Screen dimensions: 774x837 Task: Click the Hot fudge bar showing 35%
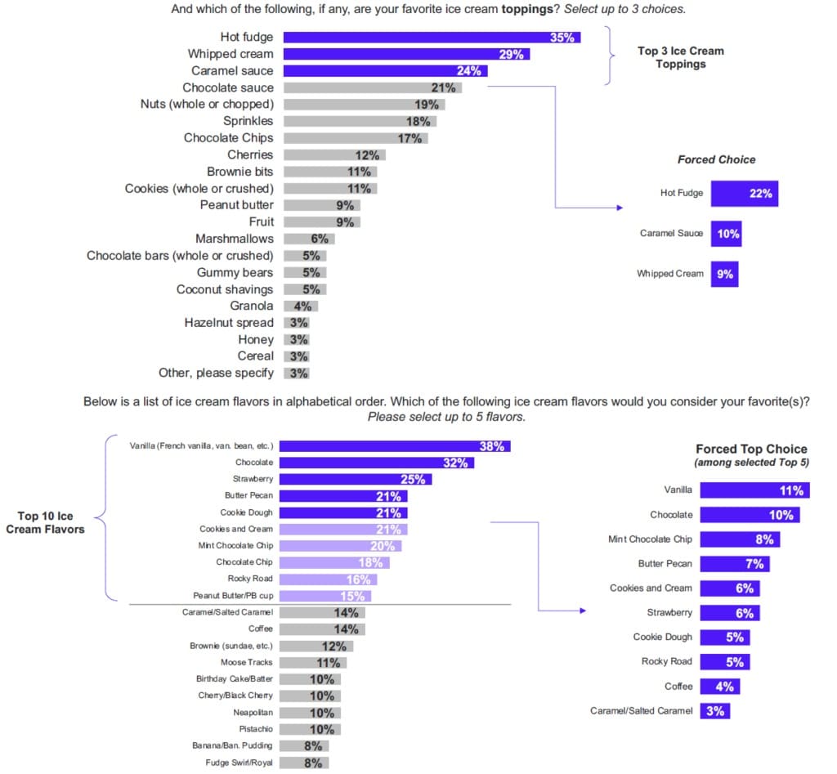[x=432, y=37]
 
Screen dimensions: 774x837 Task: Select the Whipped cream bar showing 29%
[x=406, y=54]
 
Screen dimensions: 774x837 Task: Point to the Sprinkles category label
[x=248, y=121]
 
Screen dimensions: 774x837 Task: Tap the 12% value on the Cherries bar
[x=367, y=154]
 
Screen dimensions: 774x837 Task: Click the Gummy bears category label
[x=235, y=272]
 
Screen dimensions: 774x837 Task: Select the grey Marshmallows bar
[x=308, y=239]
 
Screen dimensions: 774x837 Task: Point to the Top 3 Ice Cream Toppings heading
[x=680, y=57]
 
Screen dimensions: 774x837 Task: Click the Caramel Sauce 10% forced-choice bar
[x=726, y=234]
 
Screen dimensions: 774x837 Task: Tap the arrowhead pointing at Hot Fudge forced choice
[x=619, y=208]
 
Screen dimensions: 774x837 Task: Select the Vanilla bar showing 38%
[x=396, y=446]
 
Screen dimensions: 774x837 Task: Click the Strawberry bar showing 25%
[x=357, y=479]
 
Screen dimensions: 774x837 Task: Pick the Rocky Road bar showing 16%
[x=330, y=579]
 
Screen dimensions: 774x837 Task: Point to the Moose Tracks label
[x=246, y=662]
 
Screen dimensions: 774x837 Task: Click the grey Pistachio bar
[x=311, y=728]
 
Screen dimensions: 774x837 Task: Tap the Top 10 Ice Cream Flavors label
[x=45, y=522]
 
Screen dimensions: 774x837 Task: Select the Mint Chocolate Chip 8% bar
[x=739, y=539]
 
